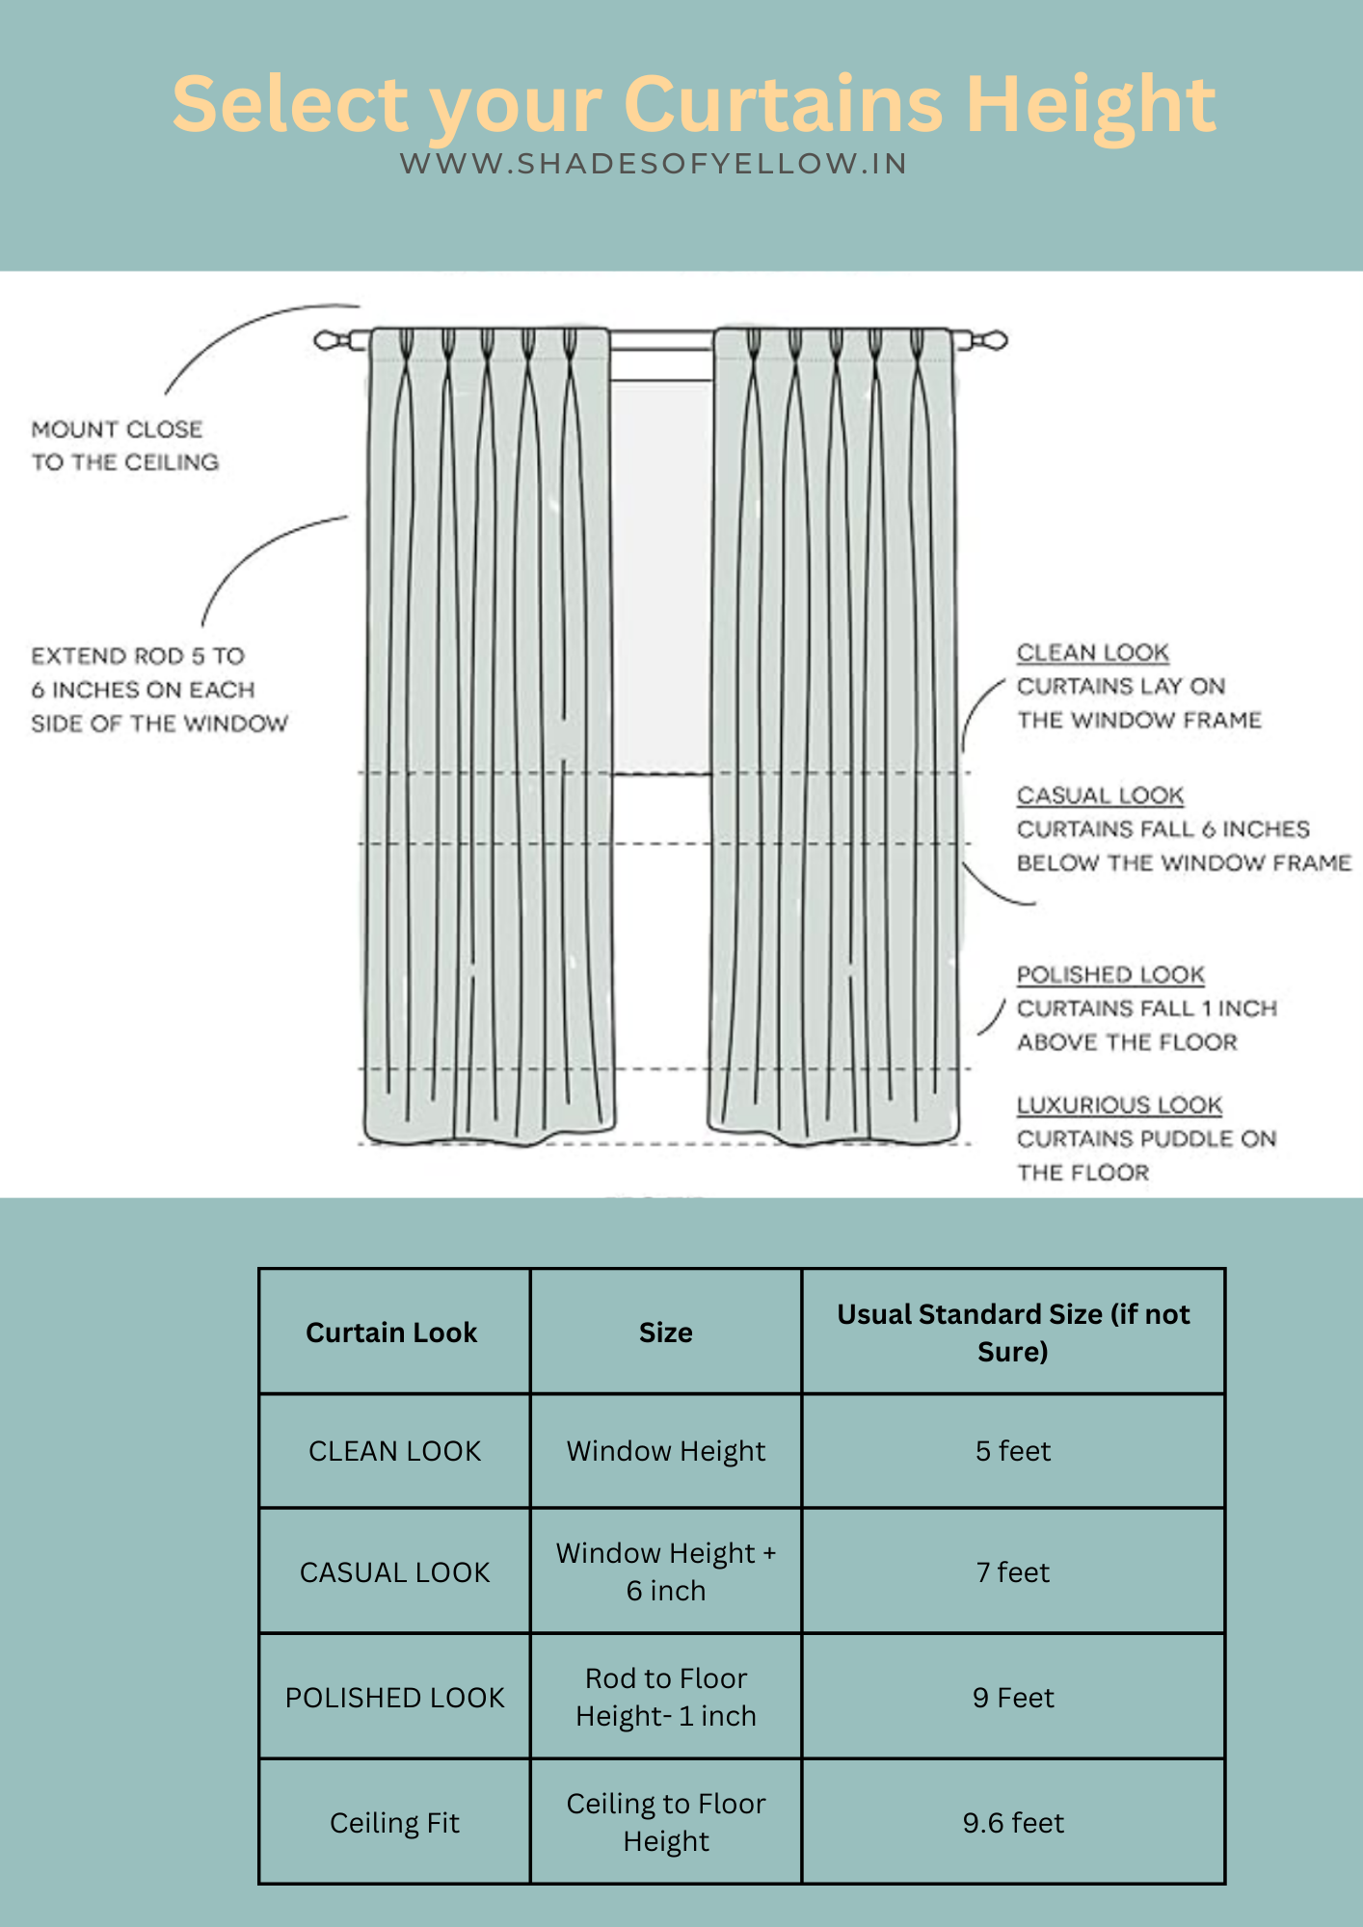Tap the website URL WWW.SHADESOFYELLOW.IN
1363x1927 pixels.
coord(654,164)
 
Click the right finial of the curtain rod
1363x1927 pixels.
coord(993,340)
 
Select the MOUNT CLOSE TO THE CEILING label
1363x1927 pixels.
coord(124,445)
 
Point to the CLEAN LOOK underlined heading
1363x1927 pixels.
coord(1092,653)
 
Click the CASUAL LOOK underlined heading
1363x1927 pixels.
coord(1100,796)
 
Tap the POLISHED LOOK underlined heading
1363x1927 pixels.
coord(1110,975)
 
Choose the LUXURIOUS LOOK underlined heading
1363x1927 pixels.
coord(1119,1105)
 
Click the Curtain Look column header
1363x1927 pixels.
coord(391,1333)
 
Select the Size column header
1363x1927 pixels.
coord(665,1333)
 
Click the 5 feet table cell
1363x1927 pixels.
coord(1012,1451)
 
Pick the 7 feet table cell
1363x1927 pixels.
coord(1012,1572)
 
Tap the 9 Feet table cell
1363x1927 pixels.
coord(1012,1698)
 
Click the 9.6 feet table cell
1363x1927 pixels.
coord(1012,1823)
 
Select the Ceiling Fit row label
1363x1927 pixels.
coord(394,1823)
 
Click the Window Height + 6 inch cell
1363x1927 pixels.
coord(665,1571)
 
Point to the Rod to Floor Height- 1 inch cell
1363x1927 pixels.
coord(665,1697)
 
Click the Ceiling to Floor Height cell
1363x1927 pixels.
coord(665,1822)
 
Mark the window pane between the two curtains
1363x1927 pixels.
coord(661,578)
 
